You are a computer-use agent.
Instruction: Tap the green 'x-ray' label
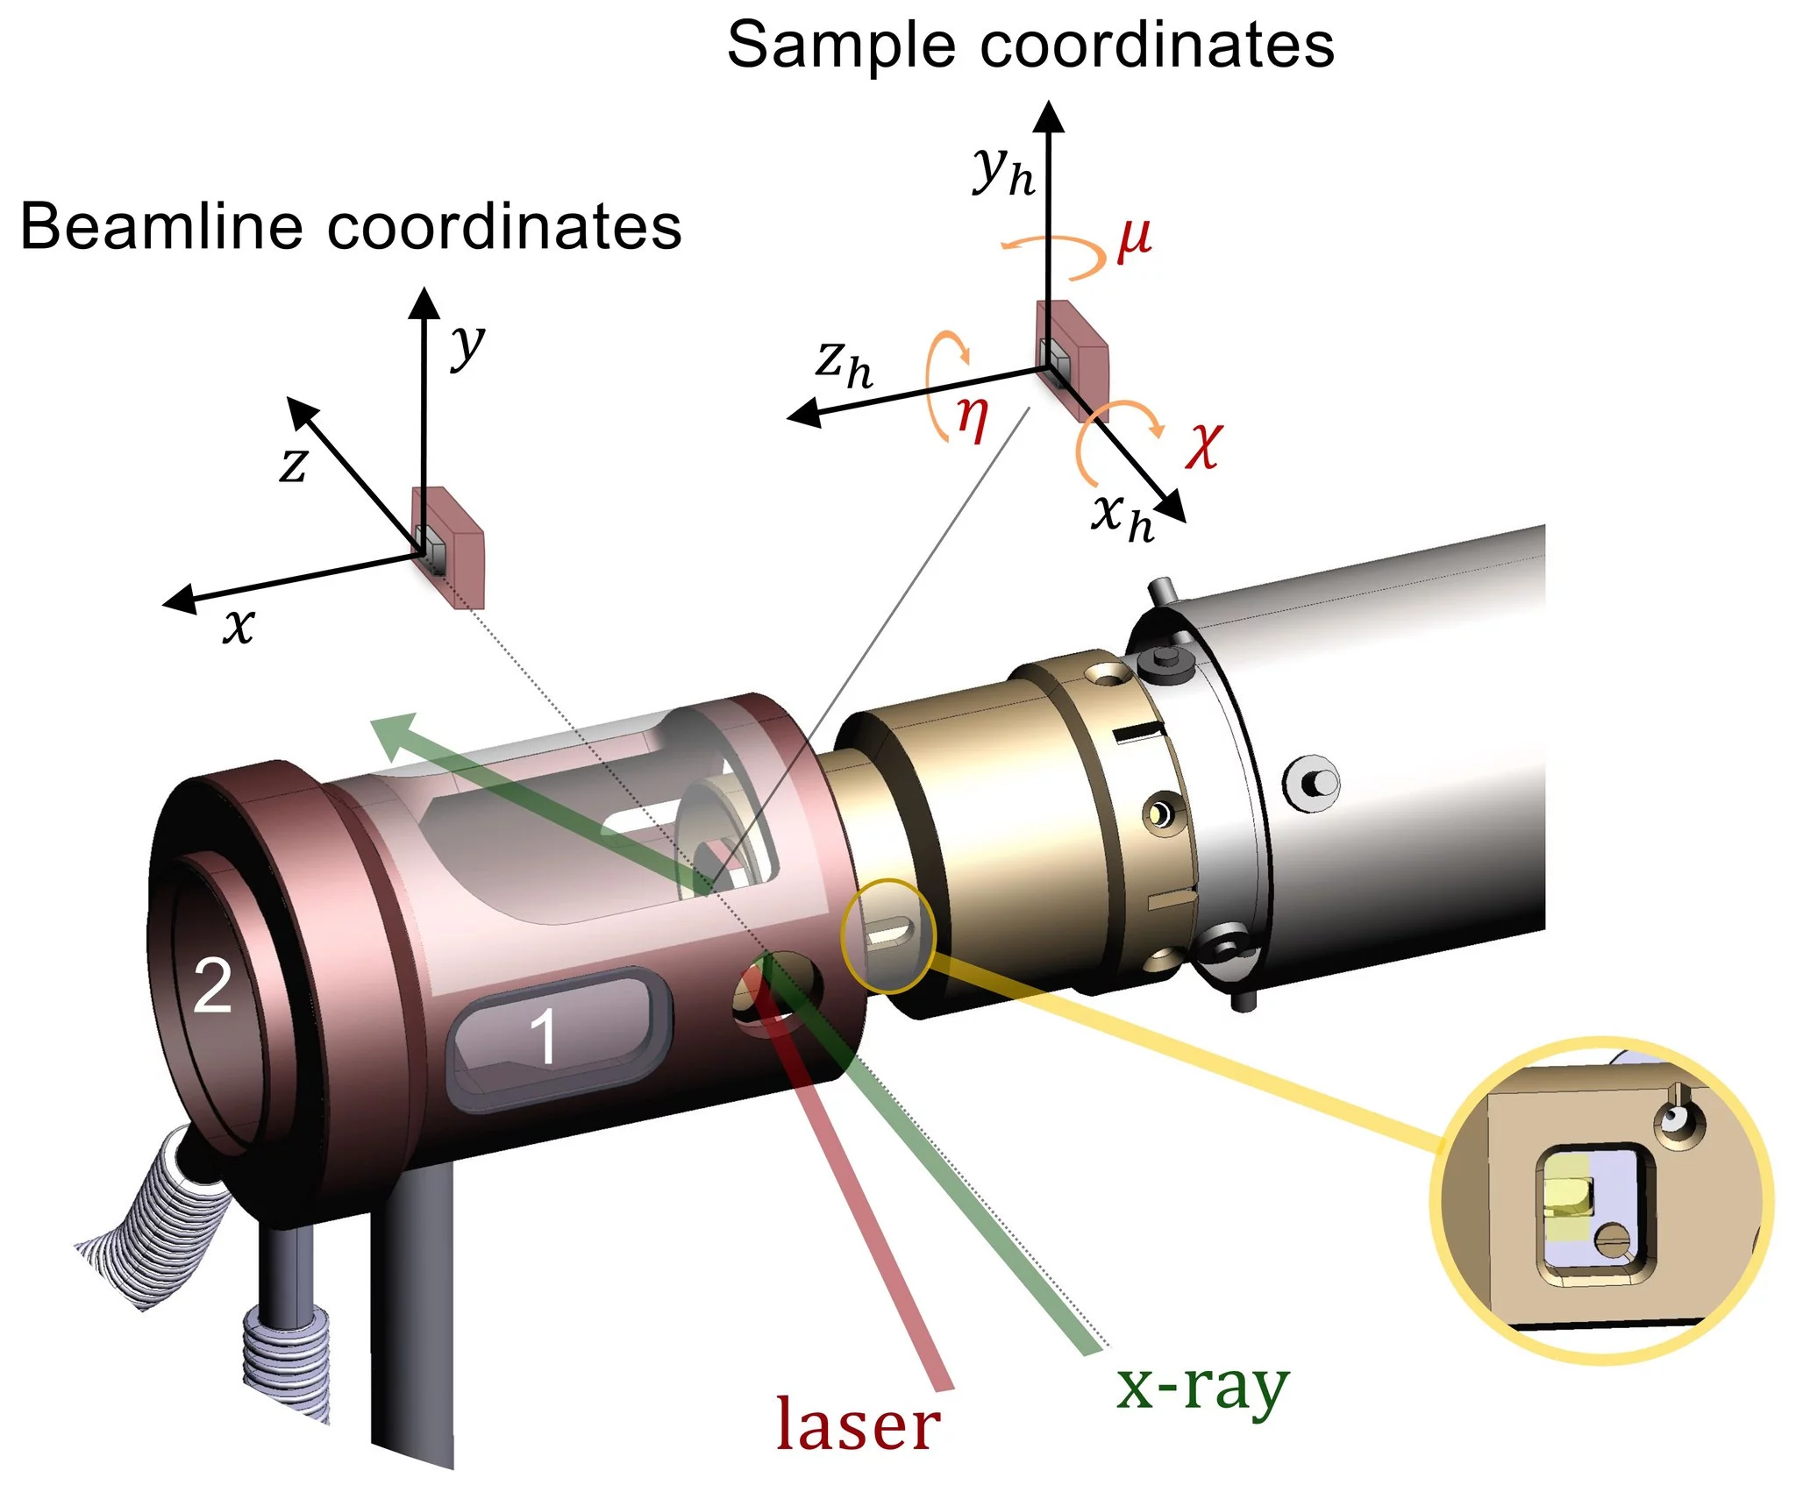coord(1201,1388)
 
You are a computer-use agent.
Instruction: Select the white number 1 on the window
coord(544,1037)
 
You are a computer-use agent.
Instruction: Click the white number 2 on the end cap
coord(212,986)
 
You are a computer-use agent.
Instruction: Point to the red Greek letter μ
coord(1135,239)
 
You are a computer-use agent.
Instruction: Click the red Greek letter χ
coord(1203,444)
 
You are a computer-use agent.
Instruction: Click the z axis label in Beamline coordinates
coord(294,465)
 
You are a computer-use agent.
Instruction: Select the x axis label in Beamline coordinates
coord(239,626)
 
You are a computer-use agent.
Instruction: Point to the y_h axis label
coord(1003,170)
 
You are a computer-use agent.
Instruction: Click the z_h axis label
coord(844,363)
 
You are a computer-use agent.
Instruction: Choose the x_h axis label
coord(1122,516)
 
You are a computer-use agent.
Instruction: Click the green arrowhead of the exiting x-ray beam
coord(393,734)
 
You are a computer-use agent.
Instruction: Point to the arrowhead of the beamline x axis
coord(179,600)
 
